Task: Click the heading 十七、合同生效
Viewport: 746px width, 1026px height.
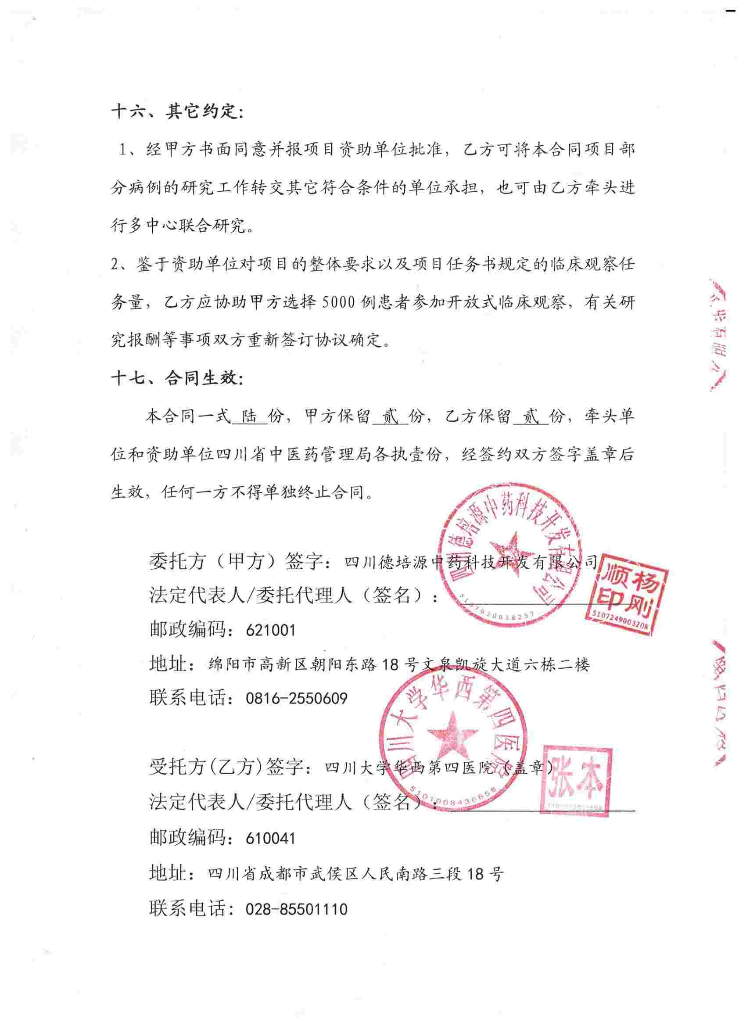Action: tap(177, 378)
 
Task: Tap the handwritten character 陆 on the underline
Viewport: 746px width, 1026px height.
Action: tap(249, 416)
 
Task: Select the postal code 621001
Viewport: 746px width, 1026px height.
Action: tap(270, 630)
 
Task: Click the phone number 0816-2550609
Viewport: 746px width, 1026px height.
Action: tap(296, 699)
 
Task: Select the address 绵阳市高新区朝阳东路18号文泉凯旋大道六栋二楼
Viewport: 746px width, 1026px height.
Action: tap(399, 664)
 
